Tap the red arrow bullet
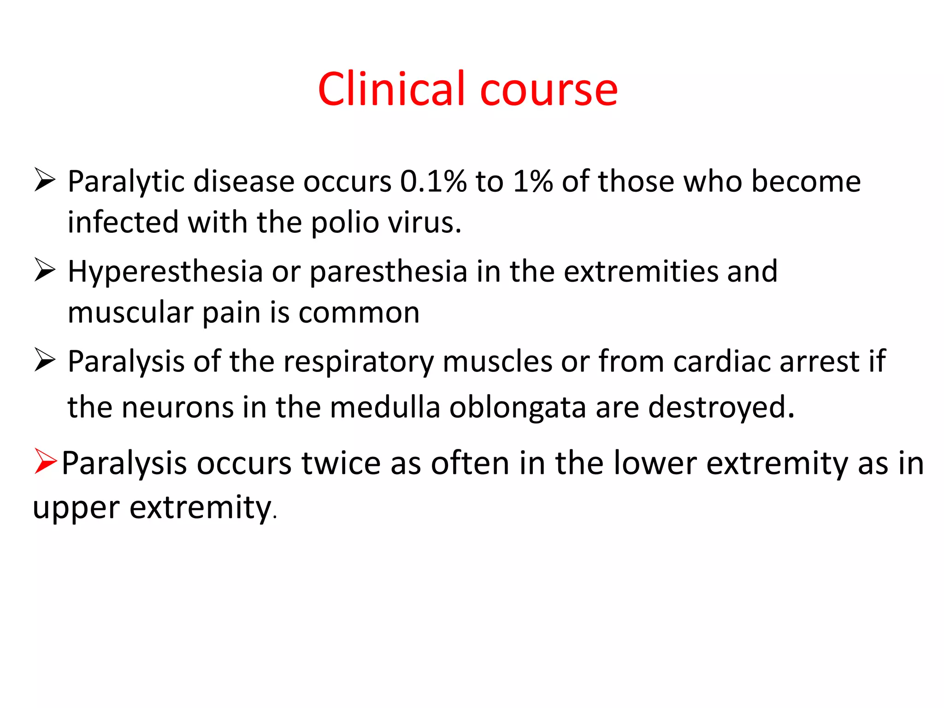click(x=45, y=461)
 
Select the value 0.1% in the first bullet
click(x=433, y=181)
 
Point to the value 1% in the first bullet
click(x=533, y=181)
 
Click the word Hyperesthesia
click(x=165, y=272)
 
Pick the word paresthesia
click(x=389, y=272)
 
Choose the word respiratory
click(x=358, y=362)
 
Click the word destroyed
click(x=721, y=407)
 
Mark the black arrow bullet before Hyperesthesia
click(x=45, y=270)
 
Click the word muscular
click(x=130, y=313)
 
